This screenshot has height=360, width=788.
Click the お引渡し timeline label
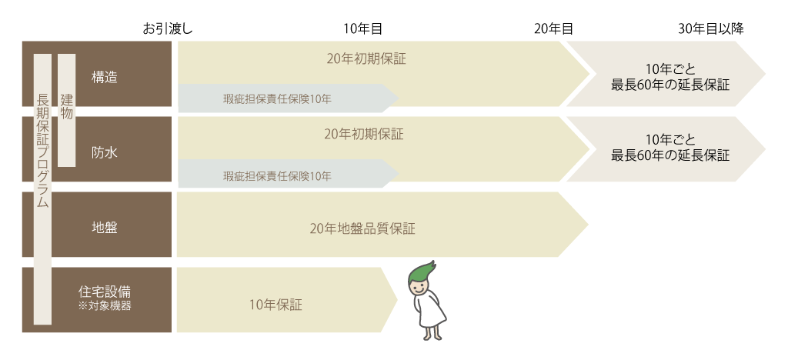click(167, 29)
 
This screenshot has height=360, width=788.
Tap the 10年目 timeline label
click(363, 29)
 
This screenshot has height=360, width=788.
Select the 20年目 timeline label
click(553, 29)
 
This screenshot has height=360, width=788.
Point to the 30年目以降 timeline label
click(710, 29)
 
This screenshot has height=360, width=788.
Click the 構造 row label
click(105, 78)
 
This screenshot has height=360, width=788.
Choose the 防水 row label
click(105, 152)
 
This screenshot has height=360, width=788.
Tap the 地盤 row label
click(105, 228)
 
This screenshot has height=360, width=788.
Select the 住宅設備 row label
click(105, 292)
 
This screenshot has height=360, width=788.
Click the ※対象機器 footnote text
click(105, 305)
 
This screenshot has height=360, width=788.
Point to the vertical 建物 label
click(66, 106)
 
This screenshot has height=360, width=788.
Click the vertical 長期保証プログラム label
click(43, 150)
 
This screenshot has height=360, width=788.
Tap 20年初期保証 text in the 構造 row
click(366, 58)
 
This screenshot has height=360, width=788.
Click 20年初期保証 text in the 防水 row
click(363, 134)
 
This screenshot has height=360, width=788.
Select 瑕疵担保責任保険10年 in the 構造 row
click(277, 99)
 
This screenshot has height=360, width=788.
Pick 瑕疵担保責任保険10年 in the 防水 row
click(277, 176)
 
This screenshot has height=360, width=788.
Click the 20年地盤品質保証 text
click(362, 229)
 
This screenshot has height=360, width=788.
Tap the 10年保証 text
click(276, 305)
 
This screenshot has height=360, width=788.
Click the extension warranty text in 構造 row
click(670, 77)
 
